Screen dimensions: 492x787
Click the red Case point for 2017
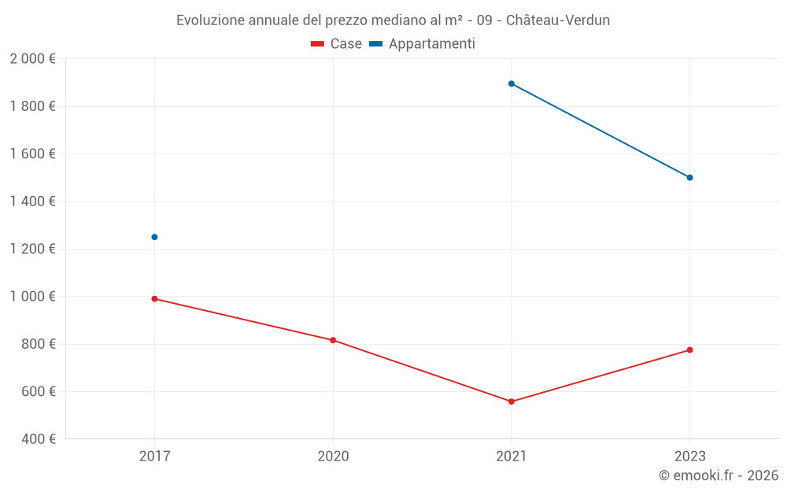tap(154, 299)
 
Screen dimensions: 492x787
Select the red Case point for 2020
tap(333, 340)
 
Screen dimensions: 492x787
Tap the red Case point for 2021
tap(512, 401)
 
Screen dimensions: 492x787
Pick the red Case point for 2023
tap(689, 350)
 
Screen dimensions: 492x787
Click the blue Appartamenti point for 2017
tap(154, 237)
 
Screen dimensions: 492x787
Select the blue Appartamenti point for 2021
tap(512, 83)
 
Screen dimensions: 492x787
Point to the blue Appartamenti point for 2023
tap(689, 178)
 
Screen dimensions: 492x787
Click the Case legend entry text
tap(345, 44)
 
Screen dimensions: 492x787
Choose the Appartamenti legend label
tap(431, 44)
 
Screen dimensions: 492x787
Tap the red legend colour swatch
tap(318, 44)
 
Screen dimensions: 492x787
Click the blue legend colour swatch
tap(375, 44)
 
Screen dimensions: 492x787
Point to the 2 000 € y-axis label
tap(32, 59)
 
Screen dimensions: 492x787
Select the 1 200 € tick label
tap(32, 249)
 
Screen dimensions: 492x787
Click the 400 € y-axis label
tap(37, 439)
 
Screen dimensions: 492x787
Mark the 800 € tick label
tap(37, 344)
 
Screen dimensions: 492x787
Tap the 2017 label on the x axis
tap(154, 456)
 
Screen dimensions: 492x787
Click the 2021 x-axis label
tap(512, 456)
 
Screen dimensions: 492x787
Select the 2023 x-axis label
tap(689, 456)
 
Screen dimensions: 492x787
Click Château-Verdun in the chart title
tap(557, 20)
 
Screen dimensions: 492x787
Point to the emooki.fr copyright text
tap(719, 475)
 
